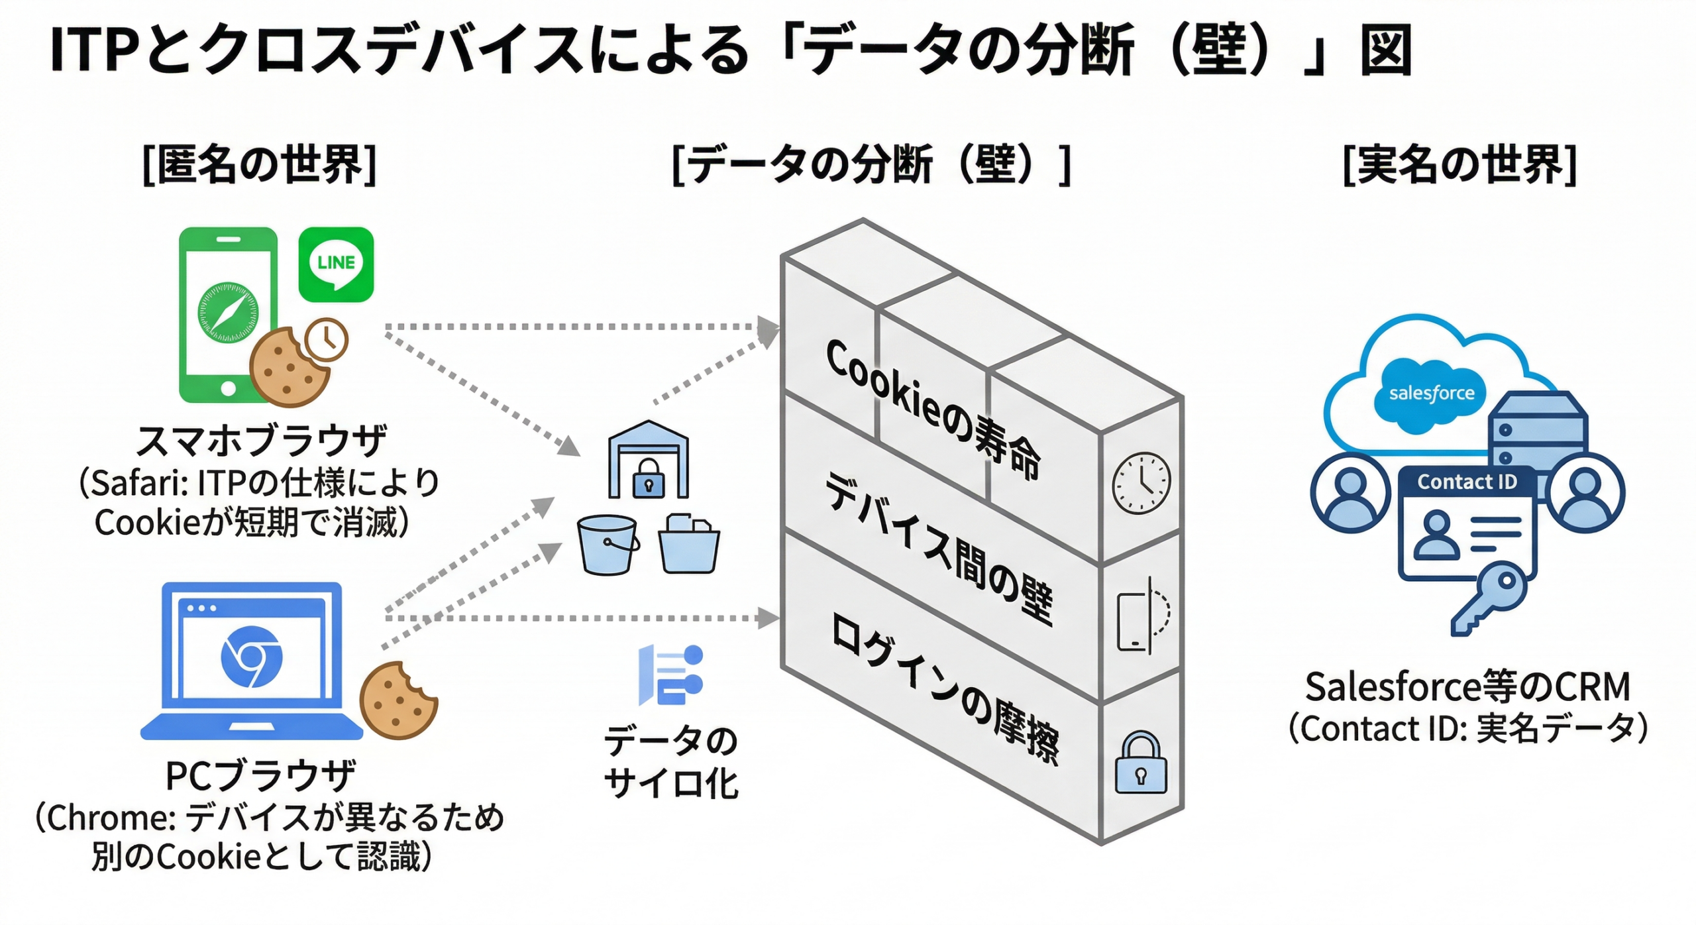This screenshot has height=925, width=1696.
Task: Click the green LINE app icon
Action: tap(336, 264)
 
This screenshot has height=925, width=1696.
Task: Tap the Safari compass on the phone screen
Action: tap(228, 313)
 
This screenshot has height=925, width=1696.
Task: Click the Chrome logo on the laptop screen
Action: tap(251, 657)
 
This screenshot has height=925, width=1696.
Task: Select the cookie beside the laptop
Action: tap(397, 700)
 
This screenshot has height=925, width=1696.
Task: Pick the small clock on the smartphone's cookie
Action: tap(326, 339)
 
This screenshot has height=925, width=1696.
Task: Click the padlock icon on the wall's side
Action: tap(1140, 763)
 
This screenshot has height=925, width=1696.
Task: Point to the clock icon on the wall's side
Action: tap(1141, 483)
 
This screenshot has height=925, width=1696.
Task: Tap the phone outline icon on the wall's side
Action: tap(1134, 622)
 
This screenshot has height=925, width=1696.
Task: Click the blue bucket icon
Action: tap(607, 545)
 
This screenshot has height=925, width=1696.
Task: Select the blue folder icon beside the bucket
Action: tap(689, 545)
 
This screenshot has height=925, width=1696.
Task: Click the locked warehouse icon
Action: tap(648, 461)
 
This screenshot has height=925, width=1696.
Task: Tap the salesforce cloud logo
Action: tap(1431, 394)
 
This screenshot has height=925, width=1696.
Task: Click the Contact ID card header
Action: tap(1467, 482)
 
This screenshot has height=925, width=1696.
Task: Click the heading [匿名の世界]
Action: tap(260, 164)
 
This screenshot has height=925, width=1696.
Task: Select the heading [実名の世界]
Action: tap(1459, 164)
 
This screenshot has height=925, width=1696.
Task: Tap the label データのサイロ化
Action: tap(670, 762)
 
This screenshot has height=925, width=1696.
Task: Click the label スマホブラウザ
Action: tap(261, 441)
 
